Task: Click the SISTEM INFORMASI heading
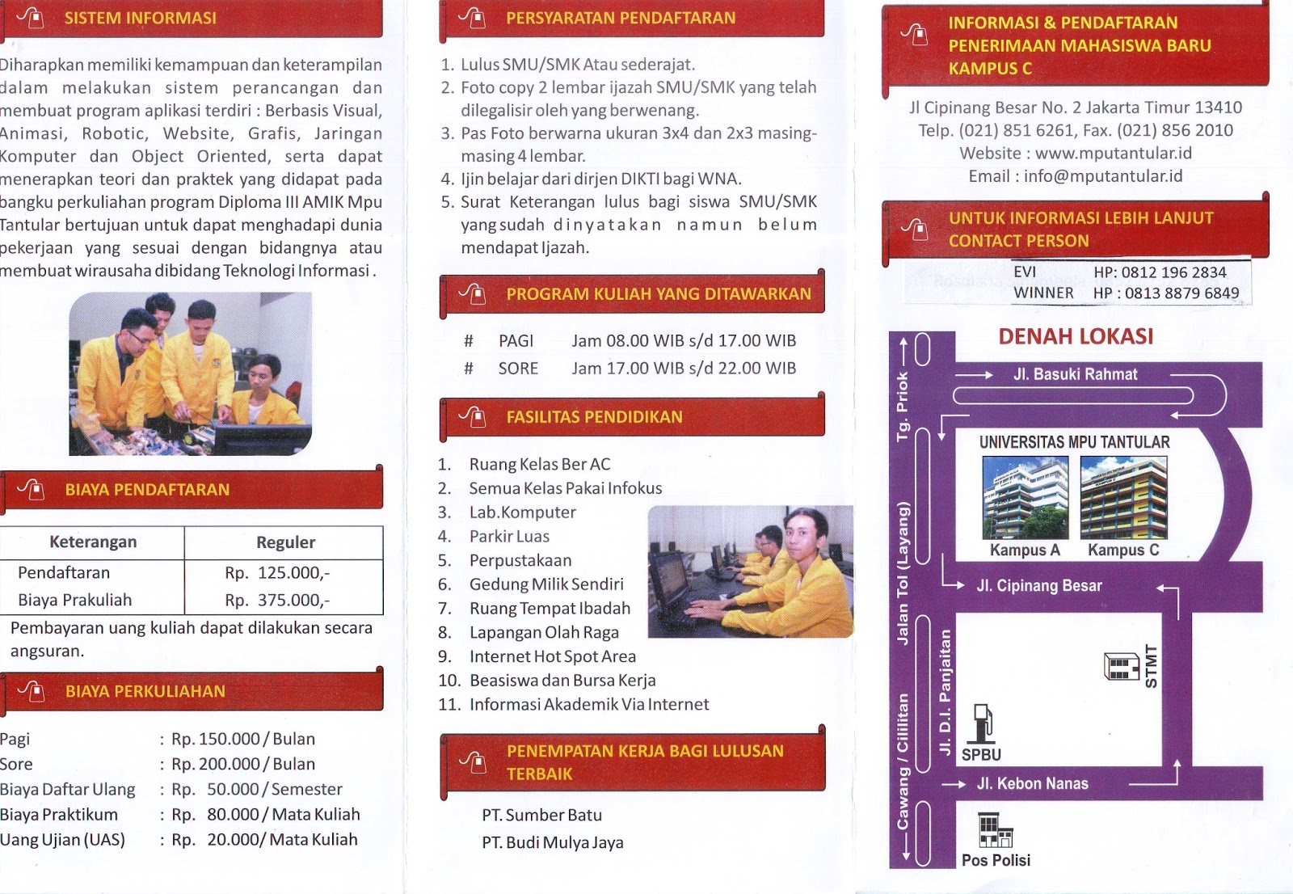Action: pyautogui.click(x=141, y=18)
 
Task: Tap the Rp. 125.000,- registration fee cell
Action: pyautogui.click(x=277, y=573)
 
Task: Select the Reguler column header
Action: pyautogui.click(x=286, y=542)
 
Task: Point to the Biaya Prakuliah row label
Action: pyautogui.click(x=74, y=600)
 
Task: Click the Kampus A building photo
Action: pyautogui.click(x=1026, y=497)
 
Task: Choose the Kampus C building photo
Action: pyautogui.click(x=1123, y=497)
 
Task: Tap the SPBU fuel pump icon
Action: pyautogui.click(x=983, y=723)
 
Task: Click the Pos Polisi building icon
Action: pyautogui.click(x=995, y=830)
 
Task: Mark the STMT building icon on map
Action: pyautogui.click(x=1122, y=666)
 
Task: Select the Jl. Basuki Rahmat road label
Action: pyautogui.click(x=1075, y=374)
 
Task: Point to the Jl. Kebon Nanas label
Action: pyautogui.click(x=1032, y=784)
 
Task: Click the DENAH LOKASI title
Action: pyautogui.click(x=1076, y=337)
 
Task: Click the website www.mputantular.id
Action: pyautogui.click(x=1114, y=153)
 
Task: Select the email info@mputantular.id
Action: pyautogui.click(x=1103, y=176)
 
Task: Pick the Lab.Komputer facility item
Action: pyautogui.click(x=522, y=512)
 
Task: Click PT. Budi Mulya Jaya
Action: pyautogui.click(x=553, y=842)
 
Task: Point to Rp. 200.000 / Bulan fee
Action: pyautogui.click(x=243, y=764)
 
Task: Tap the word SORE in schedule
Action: pyautogui.click(x=518, y=369)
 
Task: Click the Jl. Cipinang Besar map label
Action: pyautogui.click(x=1039, y=585)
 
